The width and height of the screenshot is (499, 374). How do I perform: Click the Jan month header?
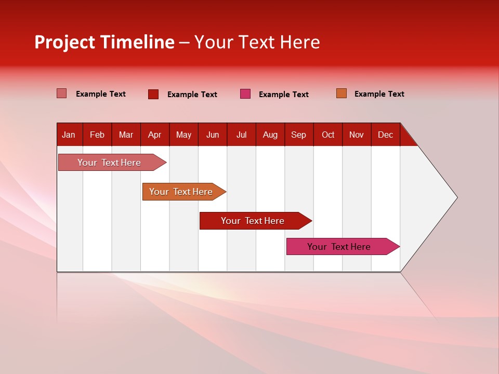[69, 135]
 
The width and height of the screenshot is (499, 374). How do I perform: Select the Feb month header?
[97, 135]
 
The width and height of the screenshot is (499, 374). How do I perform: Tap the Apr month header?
[154, 135]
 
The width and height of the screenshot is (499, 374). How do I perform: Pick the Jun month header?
[213, 135]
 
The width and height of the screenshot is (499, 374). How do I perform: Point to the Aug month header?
[270, 135]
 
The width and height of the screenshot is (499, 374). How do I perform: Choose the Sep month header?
[299, 135]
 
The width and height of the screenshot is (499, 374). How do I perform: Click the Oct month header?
[328, 135]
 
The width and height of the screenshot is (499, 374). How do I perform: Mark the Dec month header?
[386, 135]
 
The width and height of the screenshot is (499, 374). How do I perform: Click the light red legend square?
[62, 94]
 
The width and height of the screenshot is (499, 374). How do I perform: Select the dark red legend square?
[153, 94]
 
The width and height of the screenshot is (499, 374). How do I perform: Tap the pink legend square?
[245, 94]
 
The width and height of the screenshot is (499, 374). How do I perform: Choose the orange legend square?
[342, 94]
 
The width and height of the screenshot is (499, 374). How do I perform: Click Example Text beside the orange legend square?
[379, 94]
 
